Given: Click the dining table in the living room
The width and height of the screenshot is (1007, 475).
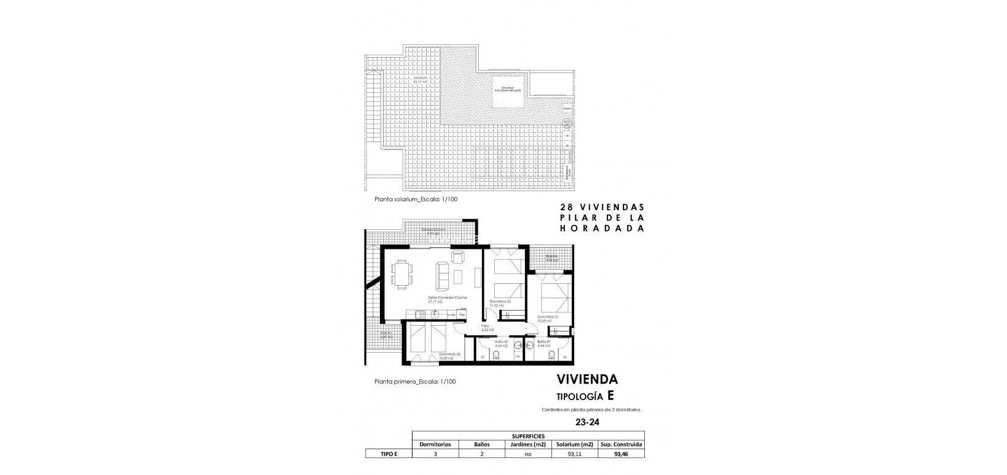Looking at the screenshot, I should [402, 273].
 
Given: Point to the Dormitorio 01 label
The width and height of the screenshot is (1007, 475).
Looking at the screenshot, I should [548, 318].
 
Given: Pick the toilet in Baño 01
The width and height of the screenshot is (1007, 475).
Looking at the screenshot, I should [553, 356].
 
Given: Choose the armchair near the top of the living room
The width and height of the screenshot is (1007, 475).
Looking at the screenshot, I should [457, 256].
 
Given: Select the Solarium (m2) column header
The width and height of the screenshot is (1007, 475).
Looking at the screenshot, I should [574, 444].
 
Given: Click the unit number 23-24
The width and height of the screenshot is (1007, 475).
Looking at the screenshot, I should [586, 422].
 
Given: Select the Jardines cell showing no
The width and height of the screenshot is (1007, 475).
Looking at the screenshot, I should [527, 454].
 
